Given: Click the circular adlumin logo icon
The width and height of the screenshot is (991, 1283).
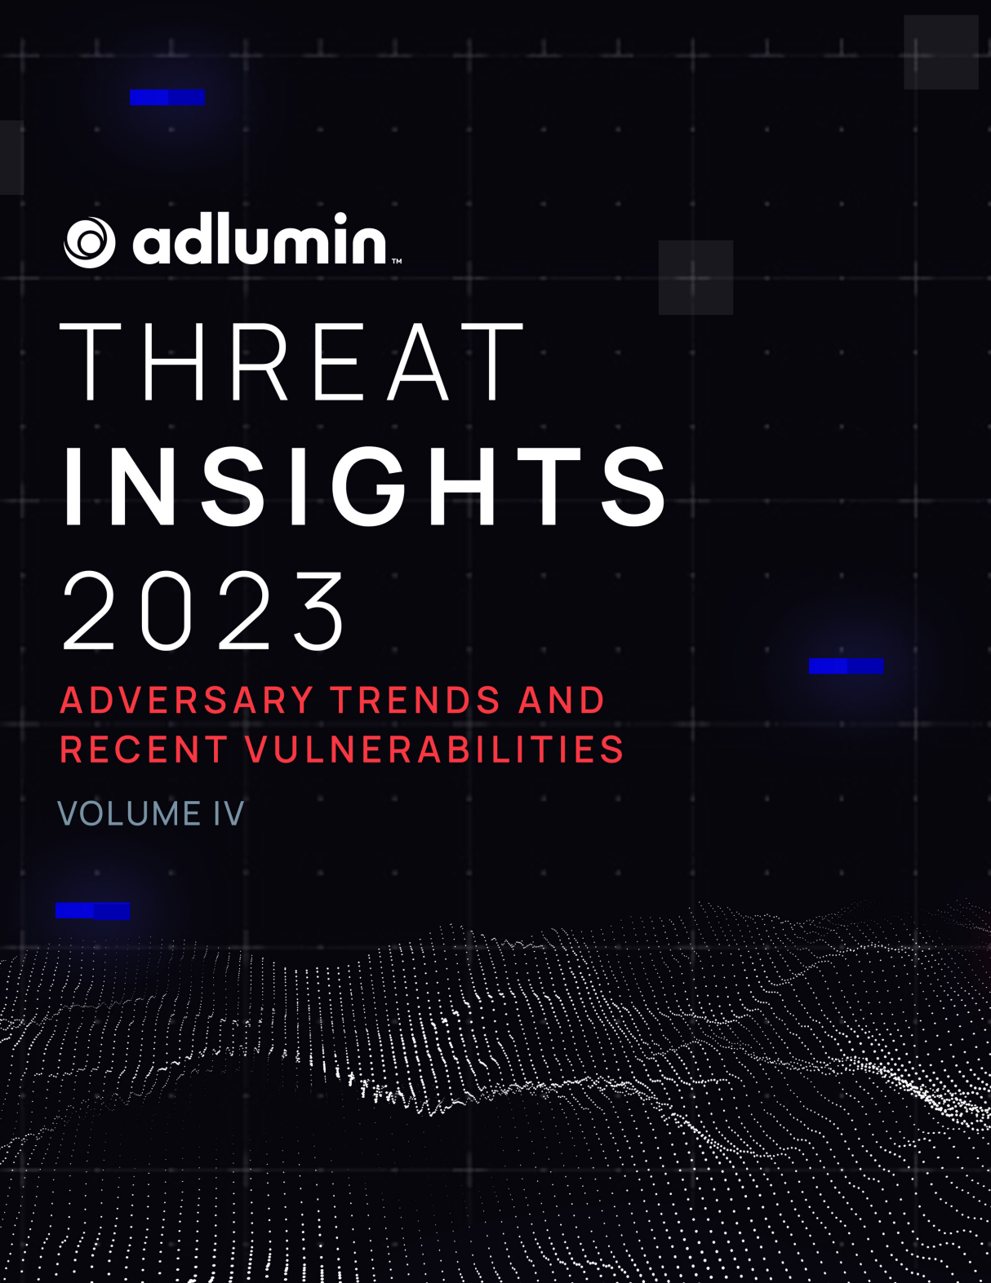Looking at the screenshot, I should tap(90, 242).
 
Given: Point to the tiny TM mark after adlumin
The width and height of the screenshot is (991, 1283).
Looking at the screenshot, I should tap(397, 262).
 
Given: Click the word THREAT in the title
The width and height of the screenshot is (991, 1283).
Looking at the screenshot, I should tap(292, 362).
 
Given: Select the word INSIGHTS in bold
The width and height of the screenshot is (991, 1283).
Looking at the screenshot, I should tap(365, 487).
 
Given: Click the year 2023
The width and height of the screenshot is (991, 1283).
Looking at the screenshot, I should tap(204, 612).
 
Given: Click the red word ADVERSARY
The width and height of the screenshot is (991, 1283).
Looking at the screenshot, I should tap(187, 701).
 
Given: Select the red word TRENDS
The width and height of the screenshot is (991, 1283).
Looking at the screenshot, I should tap(415, 701).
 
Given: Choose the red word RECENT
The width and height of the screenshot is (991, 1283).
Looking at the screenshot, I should tap(144, 750).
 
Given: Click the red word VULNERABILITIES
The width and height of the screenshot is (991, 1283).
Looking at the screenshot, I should tap(434, 750).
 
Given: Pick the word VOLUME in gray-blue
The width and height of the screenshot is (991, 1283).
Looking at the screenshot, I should tap(129, 813).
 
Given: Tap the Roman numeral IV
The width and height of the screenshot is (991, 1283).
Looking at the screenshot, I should tap(229, 813).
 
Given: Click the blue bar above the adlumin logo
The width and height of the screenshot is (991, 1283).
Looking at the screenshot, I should tap(167, 98).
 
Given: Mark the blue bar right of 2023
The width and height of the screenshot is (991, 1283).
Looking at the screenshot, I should tap(846, 666).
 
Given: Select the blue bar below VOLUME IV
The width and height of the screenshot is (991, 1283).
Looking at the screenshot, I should tap(92, 911).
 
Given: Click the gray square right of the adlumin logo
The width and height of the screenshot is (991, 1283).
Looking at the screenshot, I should tap(695, 277).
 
